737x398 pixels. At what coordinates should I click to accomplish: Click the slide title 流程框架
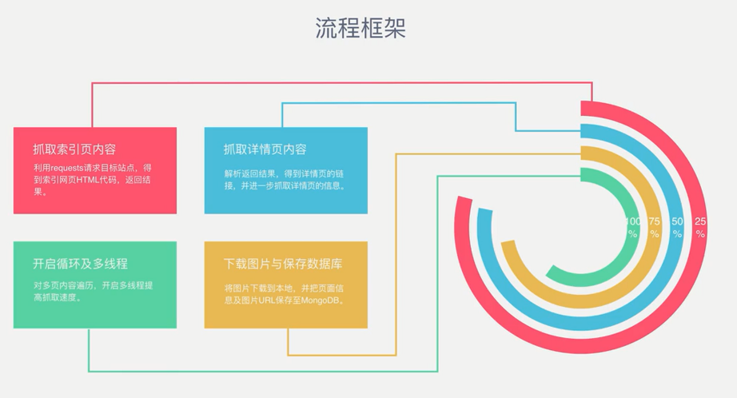(361, 28)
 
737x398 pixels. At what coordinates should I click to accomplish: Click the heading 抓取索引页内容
(74, 149)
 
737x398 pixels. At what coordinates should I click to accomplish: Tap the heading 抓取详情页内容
(265, 149)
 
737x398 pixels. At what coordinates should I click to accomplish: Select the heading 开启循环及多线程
(80, 264)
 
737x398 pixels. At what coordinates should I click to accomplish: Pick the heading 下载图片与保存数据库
(283, 264)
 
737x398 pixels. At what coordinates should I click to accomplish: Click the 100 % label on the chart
(632, 228)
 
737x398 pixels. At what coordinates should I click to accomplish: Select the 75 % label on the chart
(654, 228)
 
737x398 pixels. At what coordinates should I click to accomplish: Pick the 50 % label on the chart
(677, 228)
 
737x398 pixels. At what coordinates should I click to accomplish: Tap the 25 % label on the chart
(700, 228)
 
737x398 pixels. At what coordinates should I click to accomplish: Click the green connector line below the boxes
(264, 371)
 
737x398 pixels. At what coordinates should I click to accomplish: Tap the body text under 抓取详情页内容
(285, 180)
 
